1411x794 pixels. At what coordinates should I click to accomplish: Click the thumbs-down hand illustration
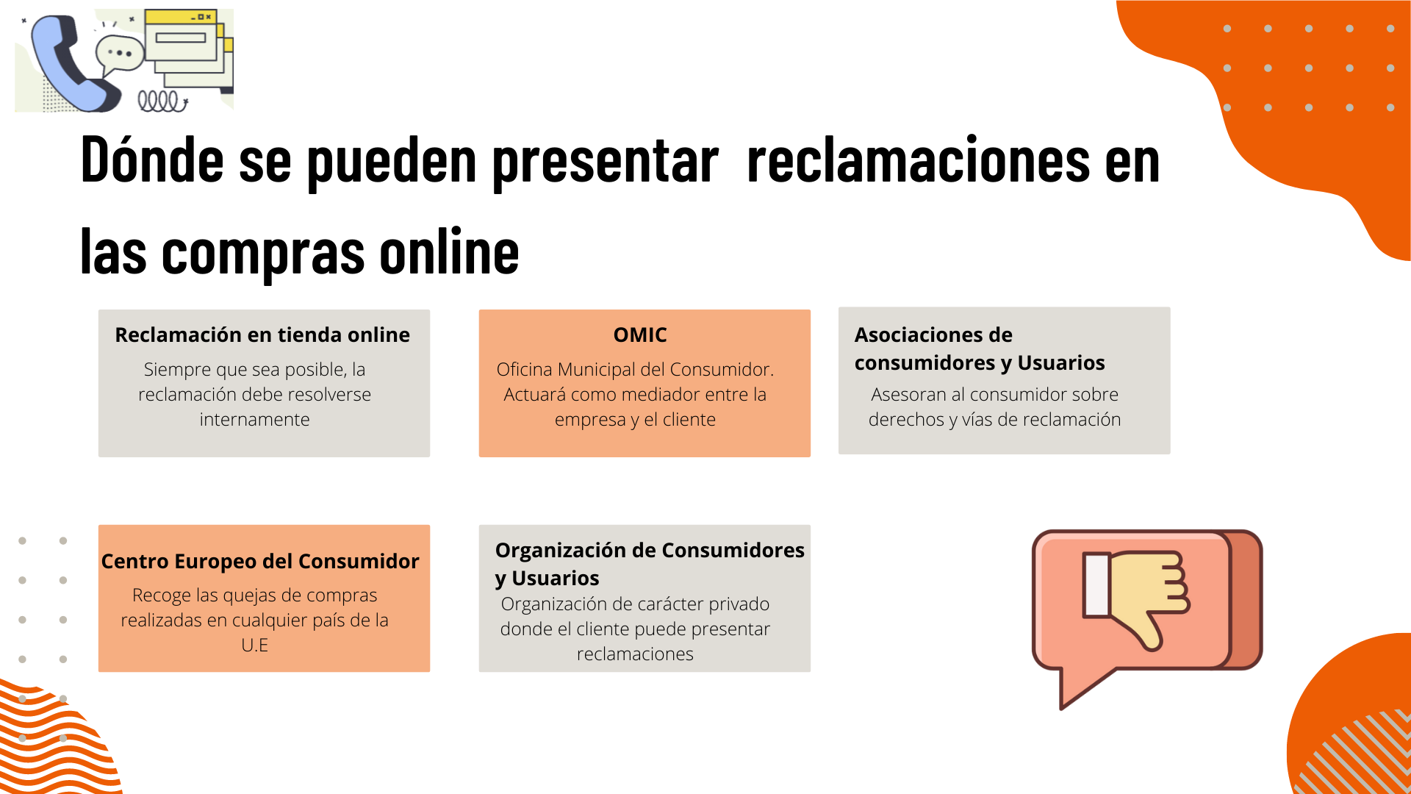pyautogui.click(x=1136, y=600)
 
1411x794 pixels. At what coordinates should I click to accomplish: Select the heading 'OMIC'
pyautogui.click(x=640, y=335)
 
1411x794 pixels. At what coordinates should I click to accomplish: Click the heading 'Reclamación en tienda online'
pyautogui.click(x=262, y=335)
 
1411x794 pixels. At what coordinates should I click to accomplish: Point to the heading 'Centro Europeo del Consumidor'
pyautogui.click(x=260, y=562)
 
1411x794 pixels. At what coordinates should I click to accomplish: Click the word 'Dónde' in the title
pyautogui.click(x=152, y=160)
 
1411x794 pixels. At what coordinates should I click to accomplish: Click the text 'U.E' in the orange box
pyautogui.click(x=254, y=645)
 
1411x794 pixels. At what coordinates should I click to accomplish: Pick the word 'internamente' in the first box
pyautogui.click(x=254, y=420)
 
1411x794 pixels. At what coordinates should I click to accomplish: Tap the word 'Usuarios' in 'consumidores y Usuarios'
pyautogui.click(x=1060, y=363)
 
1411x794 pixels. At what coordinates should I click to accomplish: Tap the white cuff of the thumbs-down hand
pyautogui.click(x=1096, y=585)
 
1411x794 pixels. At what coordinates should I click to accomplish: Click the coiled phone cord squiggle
pyautogui.click(x=162, y=101)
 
